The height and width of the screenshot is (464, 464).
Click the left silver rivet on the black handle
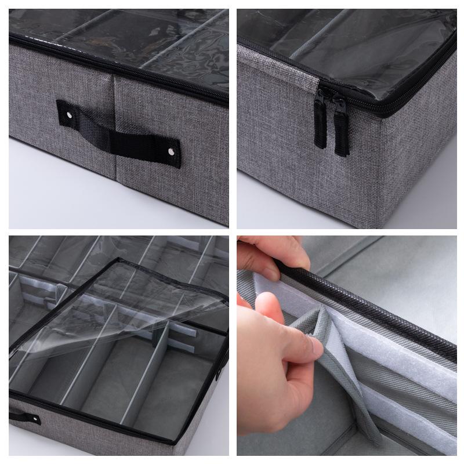click(x=70, y=117)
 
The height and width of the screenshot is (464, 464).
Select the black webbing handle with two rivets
click(x=119, y=134)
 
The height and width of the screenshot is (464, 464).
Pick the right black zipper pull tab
click(x=341, y=130)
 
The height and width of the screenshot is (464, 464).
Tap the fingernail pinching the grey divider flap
click(x=317, y=347)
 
